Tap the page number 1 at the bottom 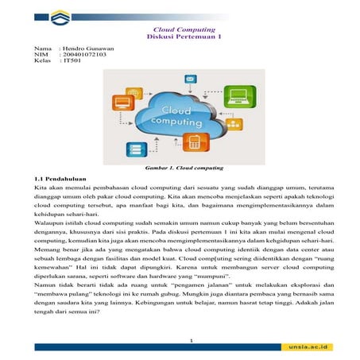click(x=180, y=339)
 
